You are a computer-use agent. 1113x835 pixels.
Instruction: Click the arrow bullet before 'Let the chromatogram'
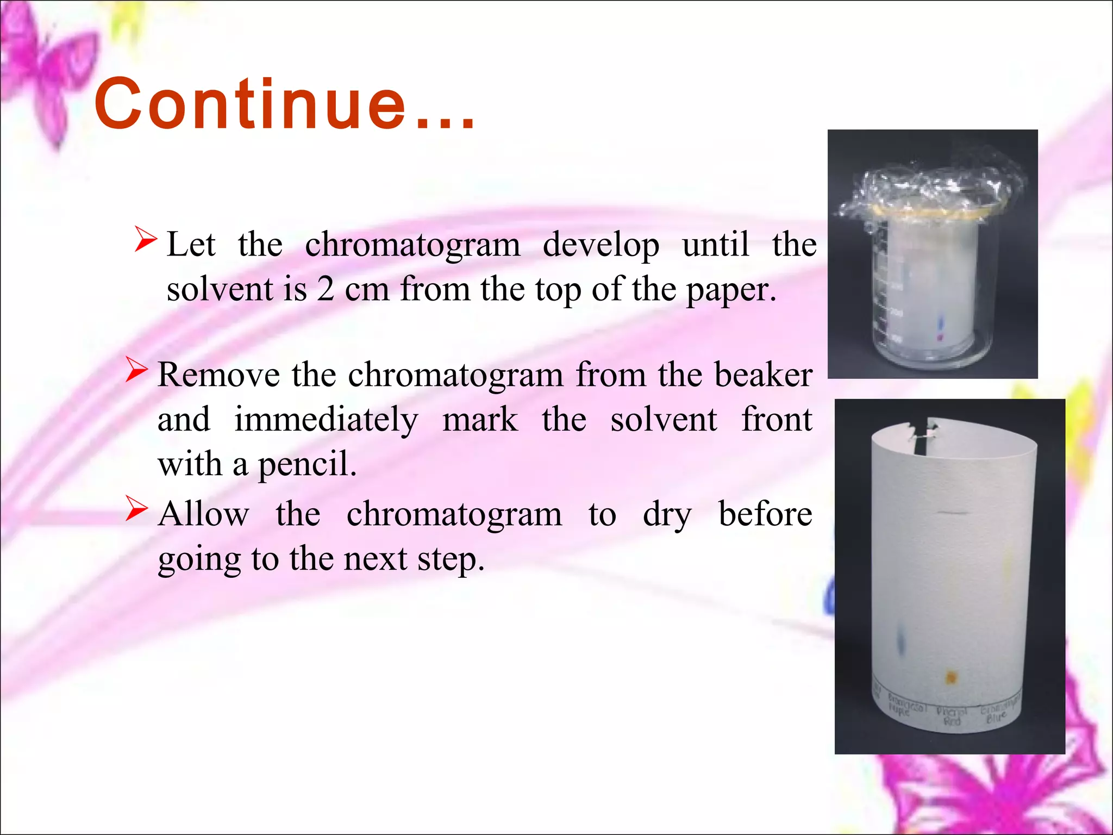pyautogui.click(x=145, y=240)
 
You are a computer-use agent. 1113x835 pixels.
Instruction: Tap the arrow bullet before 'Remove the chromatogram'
pyautogui.click(x=136, y=370)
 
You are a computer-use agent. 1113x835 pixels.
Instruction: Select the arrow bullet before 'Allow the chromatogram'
pyautogui.click(x=136, y=509)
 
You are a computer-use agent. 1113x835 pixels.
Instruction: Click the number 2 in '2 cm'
pyautogui.click(x=326, y=289)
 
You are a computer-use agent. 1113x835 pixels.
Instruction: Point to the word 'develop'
pyautogui.click(x=601, y=245)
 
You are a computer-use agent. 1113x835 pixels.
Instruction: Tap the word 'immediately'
pyautogui.click(x=326, y=420)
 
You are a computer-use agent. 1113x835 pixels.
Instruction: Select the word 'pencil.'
pyautogui.click(x=307, y=465)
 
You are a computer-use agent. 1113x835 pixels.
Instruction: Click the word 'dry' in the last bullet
pyautogui.click(x=667, y=515)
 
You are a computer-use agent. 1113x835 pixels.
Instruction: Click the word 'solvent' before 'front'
pyautogui.click(x=664, y=420)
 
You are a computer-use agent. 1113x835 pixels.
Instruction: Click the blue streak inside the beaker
pyautogui.click(x=942, y=325)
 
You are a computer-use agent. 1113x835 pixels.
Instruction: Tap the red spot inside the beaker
pyautogui.click(x=941, y=338)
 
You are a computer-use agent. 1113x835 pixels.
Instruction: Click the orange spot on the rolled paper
pyautogui.click(x=951, y=677)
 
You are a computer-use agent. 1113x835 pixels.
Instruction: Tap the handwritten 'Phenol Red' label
pyautogui.click(x=952, y=716)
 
